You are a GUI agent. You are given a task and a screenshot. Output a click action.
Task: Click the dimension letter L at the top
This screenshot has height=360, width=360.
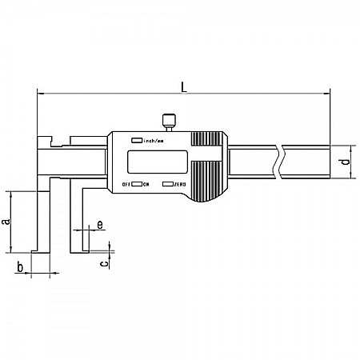pyautogui.click(x=185, y=86)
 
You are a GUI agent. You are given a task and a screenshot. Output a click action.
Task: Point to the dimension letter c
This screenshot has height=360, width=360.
pyautogui.click(x=104, y=262)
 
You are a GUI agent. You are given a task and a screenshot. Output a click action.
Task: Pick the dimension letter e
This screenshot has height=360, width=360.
pyautogui.click(x=98, y=225)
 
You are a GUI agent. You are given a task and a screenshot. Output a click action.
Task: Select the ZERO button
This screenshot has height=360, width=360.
pyautogui.click(x=167, y=184)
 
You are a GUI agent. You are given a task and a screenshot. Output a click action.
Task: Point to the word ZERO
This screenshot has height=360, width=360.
pyautogui.click(x=180, y=185)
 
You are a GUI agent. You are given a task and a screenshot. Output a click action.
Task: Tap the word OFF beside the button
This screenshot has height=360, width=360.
pyautogui.click(x=126, y=185)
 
